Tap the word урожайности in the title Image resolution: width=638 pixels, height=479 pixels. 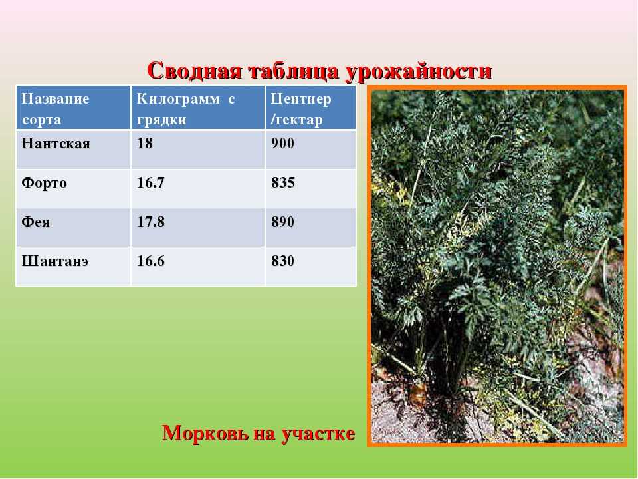click(419, 72)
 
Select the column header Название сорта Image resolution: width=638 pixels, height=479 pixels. click(55, 108)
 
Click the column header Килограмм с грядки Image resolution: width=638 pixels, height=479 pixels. click(185, 109)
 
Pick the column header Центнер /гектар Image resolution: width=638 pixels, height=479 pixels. click(301, 109)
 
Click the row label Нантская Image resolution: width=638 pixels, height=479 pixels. click(56, 144)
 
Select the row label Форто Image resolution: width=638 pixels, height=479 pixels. click(44, 183)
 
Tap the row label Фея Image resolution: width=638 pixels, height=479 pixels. click(35, 222)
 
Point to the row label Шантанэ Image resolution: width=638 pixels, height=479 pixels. click(55, 261)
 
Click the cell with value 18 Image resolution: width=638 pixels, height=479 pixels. click(144, 144)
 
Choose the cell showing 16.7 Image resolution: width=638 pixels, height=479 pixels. click(151, 182)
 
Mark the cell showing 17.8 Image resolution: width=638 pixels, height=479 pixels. click(151, 222)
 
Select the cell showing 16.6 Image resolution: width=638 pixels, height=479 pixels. click(151, 261)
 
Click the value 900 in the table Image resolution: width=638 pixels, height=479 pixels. click(283, 144)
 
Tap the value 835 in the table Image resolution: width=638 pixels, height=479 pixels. click(283, 182)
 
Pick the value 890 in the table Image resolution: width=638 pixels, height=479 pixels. click(283, 222)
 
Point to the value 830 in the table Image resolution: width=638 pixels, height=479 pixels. click(283, 261)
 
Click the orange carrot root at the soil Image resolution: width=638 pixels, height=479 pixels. click(418, 392)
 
